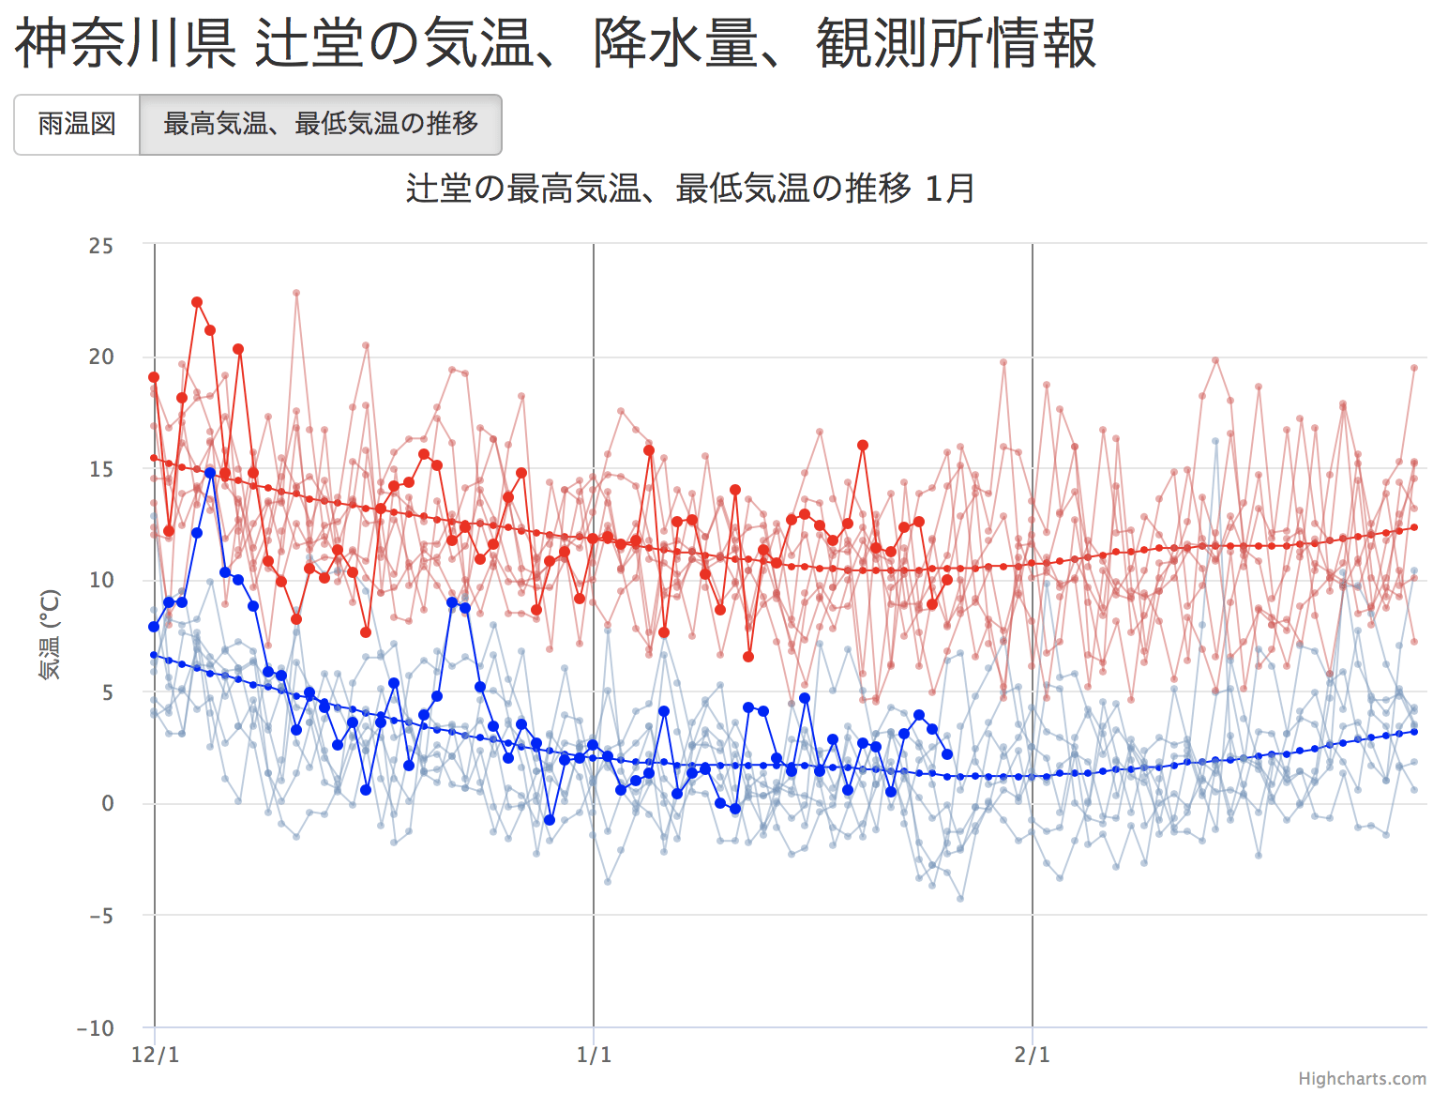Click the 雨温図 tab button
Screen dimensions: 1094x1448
coord(77,124)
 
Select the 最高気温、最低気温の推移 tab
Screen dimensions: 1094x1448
coord(321,124)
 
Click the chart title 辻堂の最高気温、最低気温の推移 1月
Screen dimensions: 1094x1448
coord(690,189)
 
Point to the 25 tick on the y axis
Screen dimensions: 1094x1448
coord(101,246)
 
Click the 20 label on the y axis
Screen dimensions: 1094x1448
coord(101,357)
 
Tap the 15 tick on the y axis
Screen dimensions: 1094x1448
coord(101,469)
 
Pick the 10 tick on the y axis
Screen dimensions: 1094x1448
coord(101,580)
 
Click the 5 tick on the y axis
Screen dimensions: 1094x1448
coord(107,692)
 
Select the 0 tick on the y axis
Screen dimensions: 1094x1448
coord(107,803)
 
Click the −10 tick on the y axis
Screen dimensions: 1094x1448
coord(96,1028)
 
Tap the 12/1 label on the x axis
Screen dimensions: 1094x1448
coord(156,1055)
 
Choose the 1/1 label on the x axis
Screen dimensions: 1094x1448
coord(594,1055)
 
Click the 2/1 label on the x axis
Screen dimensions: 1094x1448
coord(1033,1055)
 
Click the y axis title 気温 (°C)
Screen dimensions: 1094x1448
coord(50,635)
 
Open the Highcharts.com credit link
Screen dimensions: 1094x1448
coord(1362,1079)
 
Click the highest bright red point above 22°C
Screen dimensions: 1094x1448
coord(197,302)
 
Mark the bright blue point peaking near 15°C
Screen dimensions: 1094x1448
coord(210,473)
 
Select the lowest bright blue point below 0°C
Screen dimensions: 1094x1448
coord(550,820)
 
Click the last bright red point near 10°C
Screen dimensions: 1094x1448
coord(947,580)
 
